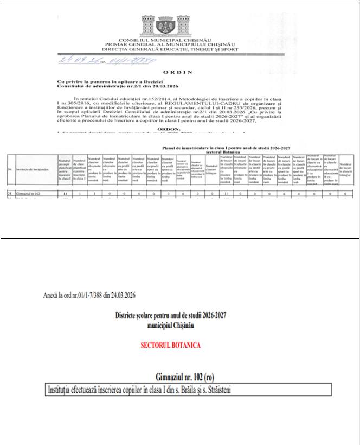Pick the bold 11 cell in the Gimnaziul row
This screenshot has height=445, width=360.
[65, 193]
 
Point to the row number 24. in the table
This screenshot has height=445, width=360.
[10, 193]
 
